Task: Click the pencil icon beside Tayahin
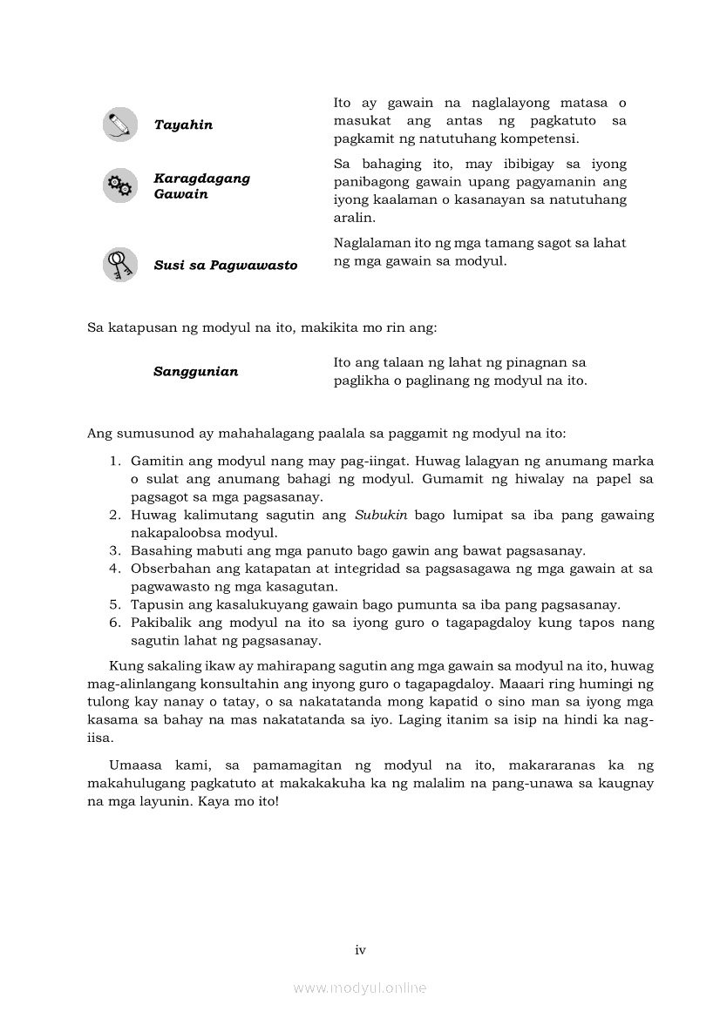(x=120, y=125)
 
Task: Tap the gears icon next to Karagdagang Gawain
(x=120, y=185)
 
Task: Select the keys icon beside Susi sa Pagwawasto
(x=120, y=265)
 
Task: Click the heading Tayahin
(x=183, y=125)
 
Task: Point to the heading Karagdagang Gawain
(x=201, y=185)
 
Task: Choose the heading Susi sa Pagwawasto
(x=225, y=266)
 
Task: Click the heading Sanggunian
(x=195, y=372)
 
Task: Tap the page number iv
(x=360, y=950)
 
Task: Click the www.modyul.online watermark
(x=360, y=988)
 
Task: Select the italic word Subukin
(x=381, y=515)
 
